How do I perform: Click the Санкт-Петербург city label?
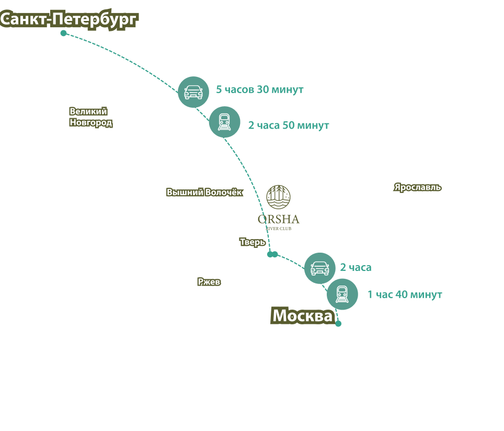[69, 20]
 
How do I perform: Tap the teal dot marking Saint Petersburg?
[63, 33]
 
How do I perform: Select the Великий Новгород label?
[90, 117]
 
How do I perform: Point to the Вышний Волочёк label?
[204, 192]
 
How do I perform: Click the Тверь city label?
[253, 243]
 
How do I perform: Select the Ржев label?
[209, 282]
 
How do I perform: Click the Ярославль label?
[418, 187]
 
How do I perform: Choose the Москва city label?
[303, 316]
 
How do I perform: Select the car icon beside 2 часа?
[319, 268]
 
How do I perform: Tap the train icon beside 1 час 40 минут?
[342, 294]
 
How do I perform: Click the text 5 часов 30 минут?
[260, 90]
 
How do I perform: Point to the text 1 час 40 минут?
[405, 294]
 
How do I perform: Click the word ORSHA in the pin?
[278, 219]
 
